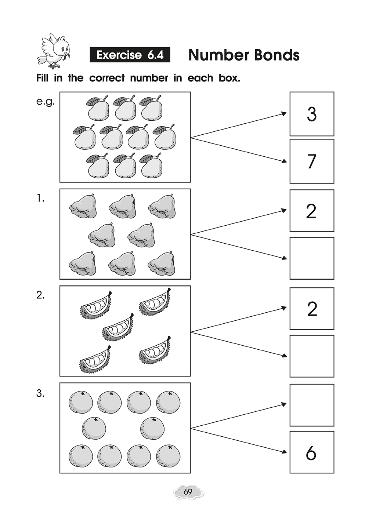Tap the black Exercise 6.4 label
point(130,55)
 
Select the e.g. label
point(45,102)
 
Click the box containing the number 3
point(312,114)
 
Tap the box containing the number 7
point(312,161)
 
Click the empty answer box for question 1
point(312,258)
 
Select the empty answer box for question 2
point(312,356)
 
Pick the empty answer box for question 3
point(312,405)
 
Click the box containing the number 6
point(312,452)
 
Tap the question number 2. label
point(40,295)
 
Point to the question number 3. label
point(40,394)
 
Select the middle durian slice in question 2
point(118,327)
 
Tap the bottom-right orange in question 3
point(168,456)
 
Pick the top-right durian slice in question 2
point(156,302)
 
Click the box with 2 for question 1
point(312,211)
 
